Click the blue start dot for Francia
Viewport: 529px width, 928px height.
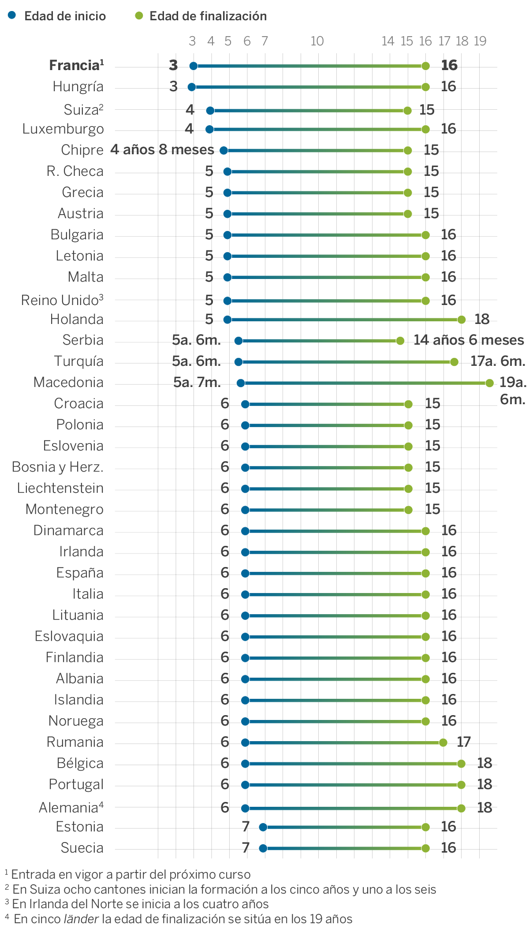tap(193, 66)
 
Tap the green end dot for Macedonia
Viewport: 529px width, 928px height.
tap(489, 383)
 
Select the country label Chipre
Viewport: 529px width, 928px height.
tap(82, 150)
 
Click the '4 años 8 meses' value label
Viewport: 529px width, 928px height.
tap(162, 150)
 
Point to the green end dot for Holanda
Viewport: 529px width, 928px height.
tap(461, 319)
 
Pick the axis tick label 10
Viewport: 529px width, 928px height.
tap(317, 41)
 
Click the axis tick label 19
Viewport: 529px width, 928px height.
tap(480, 41)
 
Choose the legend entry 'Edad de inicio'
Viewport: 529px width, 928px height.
tap(65, 16)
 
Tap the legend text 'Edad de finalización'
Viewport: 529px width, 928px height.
tap(208, 16)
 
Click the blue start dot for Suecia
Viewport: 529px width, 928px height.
tap(263, 848)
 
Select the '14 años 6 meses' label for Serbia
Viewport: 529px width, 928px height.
tap(469, 340)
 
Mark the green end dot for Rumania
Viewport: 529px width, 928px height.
tap(443, 742)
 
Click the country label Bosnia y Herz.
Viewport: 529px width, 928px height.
tap(58, 467)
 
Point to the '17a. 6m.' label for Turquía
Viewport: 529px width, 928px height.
tap(498, 361)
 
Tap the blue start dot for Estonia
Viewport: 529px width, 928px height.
tap(263, 827)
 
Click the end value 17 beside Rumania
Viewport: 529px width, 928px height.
tap(464, 742)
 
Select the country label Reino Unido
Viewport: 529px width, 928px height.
tap(62, 301)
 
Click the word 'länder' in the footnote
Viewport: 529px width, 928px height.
tap(81, 919)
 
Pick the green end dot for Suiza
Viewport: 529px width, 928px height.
tap(407, 110)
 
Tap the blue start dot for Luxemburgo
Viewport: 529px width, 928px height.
tap(210, 130)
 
